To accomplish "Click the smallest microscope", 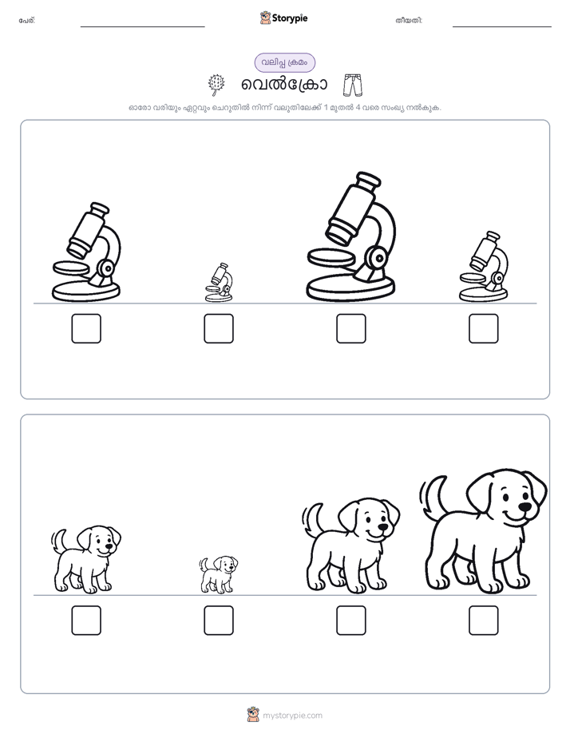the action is pos(219,283).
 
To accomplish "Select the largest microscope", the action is pos(351,236).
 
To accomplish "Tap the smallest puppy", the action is pos(218,574).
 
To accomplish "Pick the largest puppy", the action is pos(484,531).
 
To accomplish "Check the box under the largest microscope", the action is pos(351,328).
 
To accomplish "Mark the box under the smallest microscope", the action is pos(219,328).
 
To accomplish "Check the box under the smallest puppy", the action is pos(219,621).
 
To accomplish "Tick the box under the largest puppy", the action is pos(484,621).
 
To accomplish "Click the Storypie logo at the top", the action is pos(284,18).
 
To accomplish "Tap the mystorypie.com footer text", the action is pos(292,716).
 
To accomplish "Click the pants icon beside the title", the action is pos(353,85).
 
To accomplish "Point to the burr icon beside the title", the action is pos(216,85).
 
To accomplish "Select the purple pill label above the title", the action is pos(285,62).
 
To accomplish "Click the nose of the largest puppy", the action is pos(524,507).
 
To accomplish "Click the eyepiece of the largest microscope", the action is pos(368,180).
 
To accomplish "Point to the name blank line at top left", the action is pos(142,27).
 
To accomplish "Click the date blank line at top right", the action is pos(502,27).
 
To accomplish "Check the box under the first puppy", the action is pos(86,621).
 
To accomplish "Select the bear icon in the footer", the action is pos(253,715).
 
